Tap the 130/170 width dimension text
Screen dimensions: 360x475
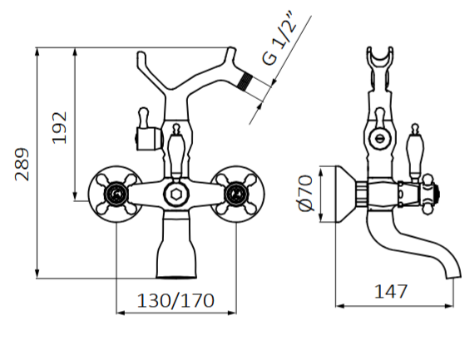tap(176, 298)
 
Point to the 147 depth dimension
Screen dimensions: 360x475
tap(391, 292)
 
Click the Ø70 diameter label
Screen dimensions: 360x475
tap(304, 193)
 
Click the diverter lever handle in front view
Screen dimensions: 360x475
tap(176, 150)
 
